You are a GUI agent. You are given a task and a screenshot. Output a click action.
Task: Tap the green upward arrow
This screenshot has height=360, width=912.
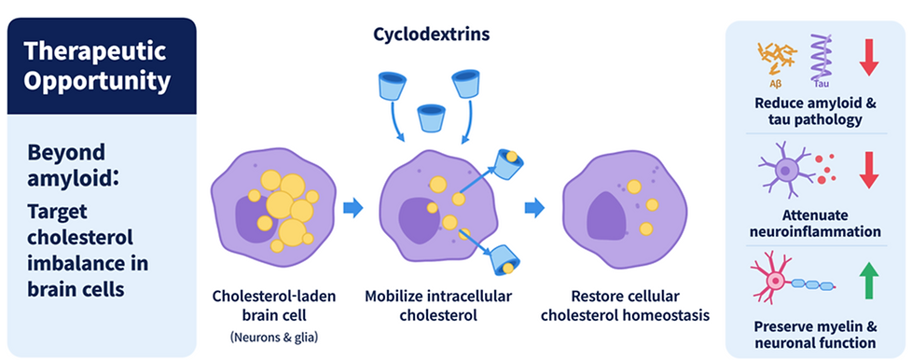click(869, 280)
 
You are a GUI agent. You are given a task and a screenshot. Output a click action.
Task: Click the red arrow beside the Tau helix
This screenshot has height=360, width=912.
click(869, 57)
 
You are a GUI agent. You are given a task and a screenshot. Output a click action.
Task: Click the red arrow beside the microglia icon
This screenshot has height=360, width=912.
click(869, 169)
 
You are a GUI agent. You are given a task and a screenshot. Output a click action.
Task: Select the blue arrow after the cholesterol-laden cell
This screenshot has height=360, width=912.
click(353, 208)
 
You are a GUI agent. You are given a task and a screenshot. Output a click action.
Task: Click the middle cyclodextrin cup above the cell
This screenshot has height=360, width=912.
click(431, 118)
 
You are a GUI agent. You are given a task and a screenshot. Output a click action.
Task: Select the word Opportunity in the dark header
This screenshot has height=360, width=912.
click(98, 81)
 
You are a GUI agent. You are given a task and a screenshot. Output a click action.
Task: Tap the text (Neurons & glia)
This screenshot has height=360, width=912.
click(273, 337)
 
